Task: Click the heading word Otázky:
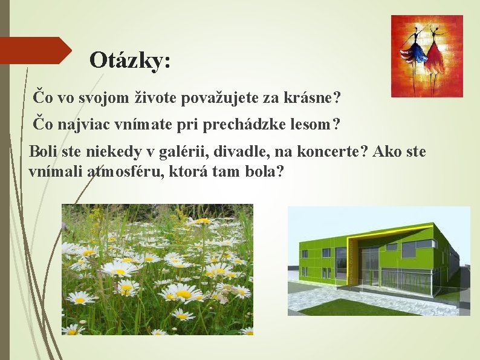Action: coord(129,60)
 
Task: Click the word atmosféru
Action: coord(122,171)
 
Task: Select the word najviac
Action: coord(86,125)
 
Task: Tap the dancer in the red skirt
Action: coord(436,51)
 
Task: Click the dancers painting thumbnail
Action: coord(427,56)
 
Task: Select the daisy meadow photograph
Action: coord(157,269)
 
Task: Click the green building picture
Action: coord(378,261)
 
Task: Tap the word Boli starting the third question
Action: coord(42,151)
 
